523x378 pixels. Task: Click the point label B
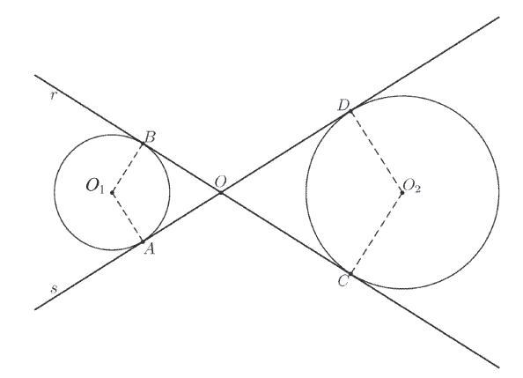[151, 137]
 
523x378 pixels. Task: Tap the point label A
[150, 248]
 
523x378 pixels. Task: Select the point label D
[343, 106]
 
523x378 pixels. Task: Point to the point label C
[343, 281]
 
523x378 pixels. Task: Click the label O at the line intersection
[221, 182]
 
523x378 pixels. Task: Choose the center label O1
[95, 186]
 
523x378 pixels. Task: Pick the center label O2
[412, 186]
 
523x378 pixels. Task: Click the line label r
[53, 96]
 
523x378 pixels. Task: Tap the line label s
[54, 288]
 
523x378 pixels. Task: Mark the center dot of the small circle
[113, 192]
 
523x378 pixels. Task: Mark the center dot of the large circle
[402, 192]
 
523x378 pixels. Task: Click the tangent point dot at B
[143, 144]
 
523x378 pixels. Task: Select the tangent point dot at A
[143, 241]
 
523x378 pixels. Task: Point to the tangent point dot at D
[350, 111]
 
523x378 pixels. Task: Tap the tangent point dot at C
[350, 274]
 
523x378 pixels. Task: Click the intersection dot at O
[221, 192]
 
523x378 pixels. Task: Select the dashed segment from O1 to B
[128, 167]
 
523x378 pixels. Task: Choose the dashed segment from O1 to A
[128, 217]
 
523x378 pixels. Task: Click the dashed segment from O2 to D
[376, 152]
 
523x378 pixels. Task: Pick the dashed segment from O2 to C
[376, 233]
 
